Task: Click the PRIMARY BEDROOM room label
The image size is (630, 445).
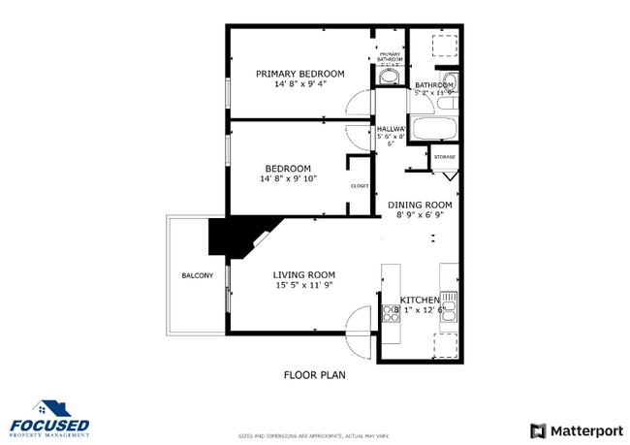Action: [299, 74]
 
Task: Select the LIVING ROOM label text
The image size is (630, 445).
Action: [303, 274]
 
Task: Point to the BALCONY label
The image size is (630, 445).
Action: [197, 276]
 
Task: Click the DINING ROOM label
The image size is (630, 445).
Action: [420, 205]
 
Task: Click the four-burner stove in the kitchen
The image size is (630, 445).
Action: [391, 312]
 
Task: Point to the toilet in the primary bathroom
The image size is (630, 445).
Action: [390, 77]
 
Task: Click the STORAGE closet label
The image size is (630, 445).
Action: [444, 157]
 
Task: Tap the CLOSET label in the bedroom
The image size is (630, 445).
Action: [359, 185]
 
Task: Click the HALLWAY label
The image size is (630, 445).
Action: [391, 129]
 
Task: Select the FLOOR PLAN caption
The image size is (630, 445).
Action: [314, 374]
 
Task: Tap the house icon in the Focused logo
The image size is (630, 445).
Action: [49, 408]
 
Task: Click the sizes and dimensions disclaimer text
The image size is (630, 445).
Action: [314, 435]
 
